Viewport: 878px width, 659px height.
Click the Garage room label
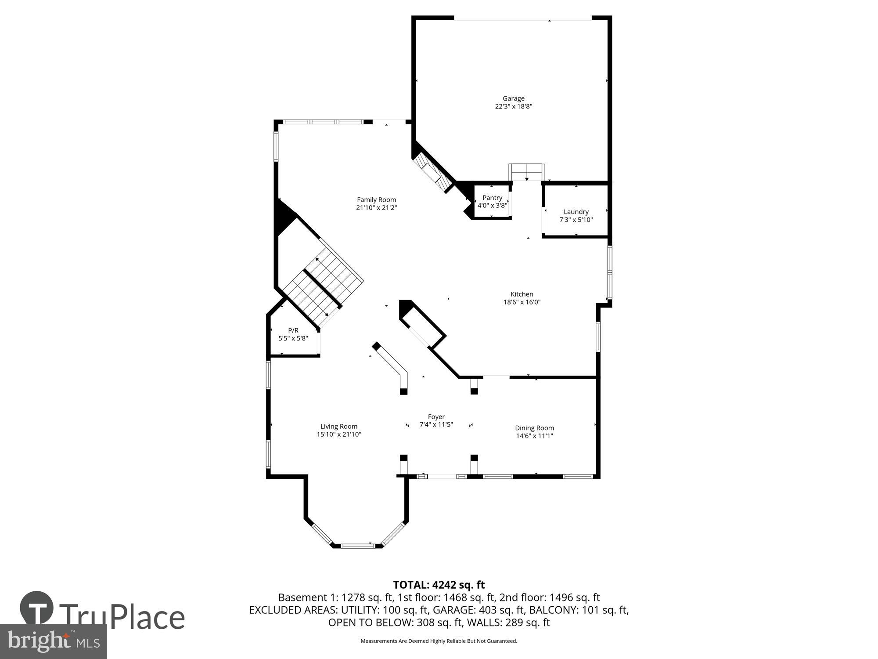pos(513,98)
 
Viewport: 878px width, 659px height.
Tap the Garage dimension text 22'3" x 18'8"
pos(513,106)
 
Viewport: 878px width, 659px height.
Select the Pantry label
pos(492,198)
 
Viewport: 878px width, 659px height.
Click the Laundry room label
pos(576,212)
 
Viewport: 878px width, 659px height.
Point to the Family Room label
pos(376,199)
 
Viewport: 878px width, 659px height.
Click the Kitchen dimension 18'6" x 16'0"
pos(522,302)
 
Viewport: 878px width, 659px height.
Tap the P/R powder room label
pos(293,330)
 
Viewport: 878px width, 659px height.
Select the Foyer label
pos(436,416)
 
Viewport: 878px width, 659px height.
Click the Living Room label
pos(338,426)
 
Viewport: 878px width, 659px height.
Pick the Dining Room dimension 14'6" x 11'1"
pos(534,436)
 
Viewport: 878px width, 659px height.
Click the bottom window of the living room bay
pos(358,546)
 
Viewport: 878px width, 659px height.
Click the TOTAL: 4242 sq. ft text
pos(439,585)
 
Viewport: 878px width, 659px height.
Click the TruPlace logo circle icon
pos(37,608)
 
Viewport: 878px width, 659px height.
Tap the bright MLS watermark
pos(53,642)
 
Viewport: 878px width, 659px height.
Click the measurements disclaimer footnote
pos(439,641)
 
